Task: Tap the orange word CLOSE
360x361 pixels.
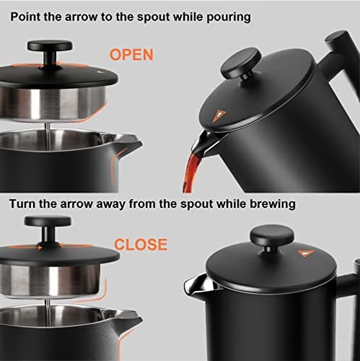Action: click(x=141, y=245)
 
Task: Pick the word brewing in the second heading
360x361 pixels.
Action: click(x=269, y=204)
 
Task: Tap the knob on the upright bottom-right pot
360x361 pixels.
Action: click(x=271, y=238)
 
